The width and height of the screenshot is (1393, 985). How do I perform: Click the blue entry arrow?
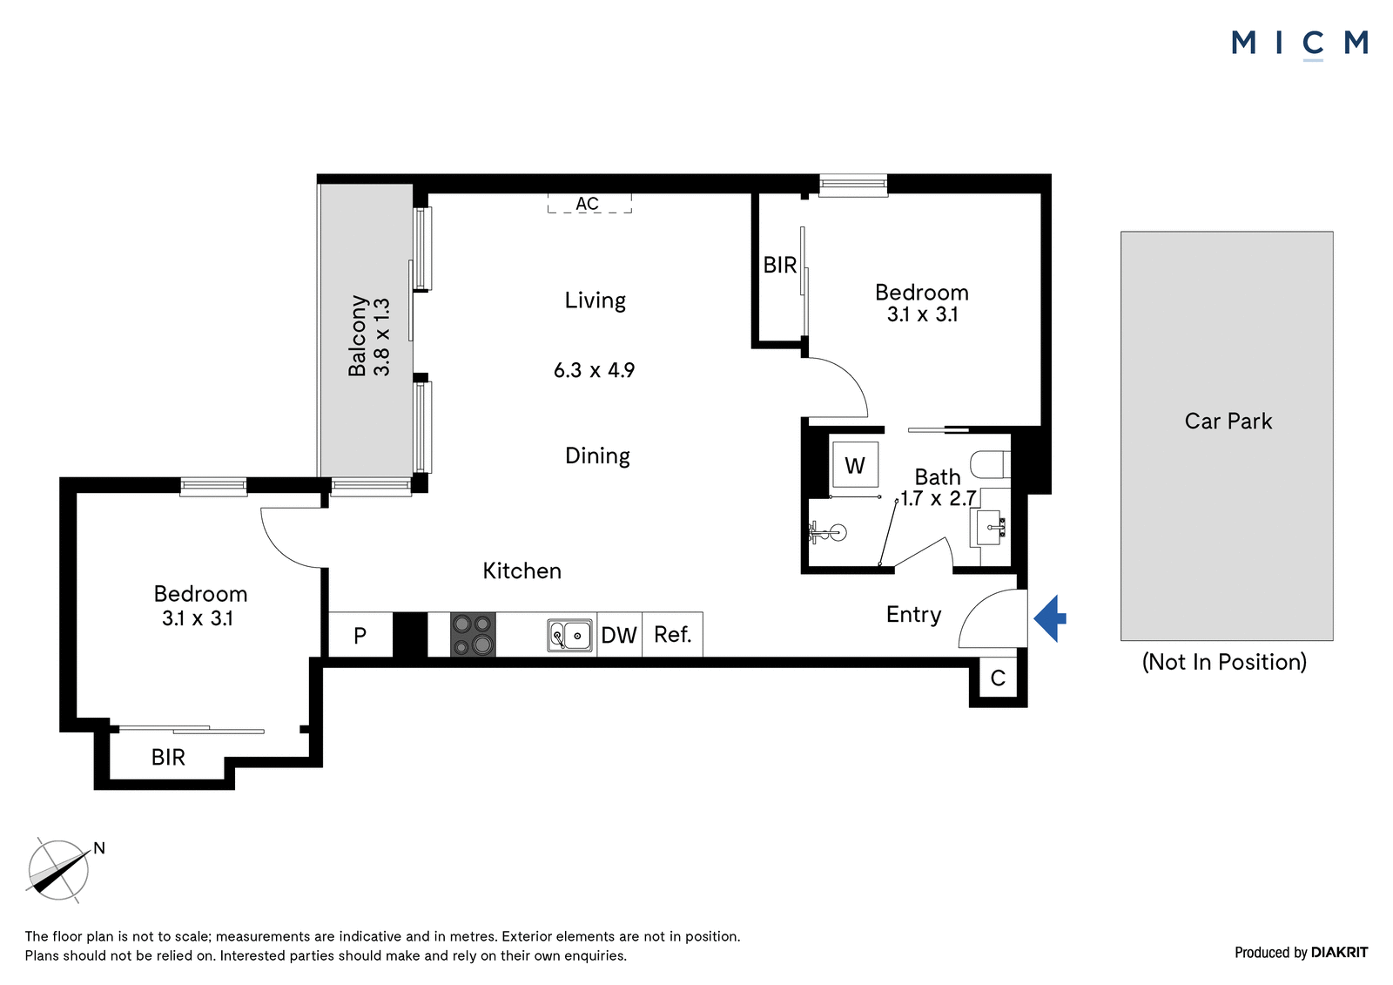click(x=1050, y=617)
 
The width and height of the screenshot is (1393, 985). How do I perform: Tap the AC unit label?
click(x=587, y=204)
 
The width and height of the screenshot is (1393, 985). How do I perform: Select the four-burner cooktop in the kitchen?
click(x=473, y=635)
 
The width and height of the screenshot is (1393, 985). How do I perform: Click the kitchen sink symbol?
click(x=569, y=635)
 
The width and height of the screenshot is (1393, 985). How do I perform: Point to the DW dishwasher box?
click(x=619, y=635)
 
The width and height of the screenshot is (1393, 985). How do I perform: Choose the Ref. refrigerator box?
click(x=673, y=635)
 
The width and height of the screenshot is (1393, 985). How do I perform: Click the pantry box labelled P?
click(x=360, y=635)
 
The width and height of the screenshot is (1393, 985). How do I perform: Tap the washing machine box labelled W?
click(x=855, y=465)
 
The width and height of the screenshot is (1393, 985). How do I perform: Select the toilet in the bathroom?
click(x=991, y=463)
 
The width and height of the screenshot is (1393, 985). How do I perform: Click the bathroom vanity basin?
click(x=990, y=528)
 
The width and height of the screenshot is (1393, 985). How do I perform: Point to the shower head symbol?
click(x=829, y=533)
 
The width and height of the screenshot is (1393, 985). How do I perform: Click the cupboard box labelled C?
click(x=998, y=678)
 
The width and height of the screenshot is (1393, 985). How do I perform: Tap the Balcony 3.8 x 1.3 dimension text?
click(x=369, y=336)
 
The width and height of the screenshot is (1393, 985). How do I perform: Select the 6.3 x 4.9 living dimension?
click(x=594, y=370)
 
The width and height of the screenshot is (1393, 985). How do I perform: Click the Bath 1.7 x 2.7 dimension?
click(x=938, y=488)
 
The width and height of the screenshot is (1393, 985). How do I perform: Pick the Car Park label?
click(x=1228, y=422)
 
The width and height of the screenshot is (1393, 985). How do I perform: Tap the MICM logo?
click(x=1300, y=44)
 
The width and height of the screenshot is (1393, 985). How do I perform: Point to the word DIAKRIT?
click(x=1340, y=952)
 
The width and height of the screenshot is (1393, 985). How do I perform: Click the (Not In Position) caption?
click(x=1224, y=662)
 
